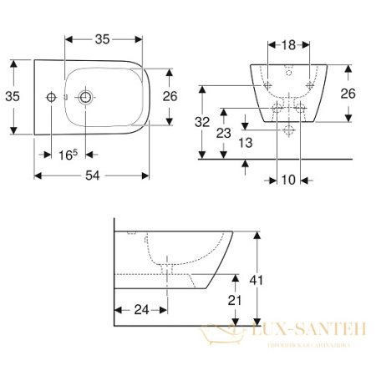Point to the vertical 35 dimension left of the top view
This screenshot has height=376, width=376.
12,97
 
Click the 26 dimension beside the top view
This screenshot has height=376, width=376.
170,96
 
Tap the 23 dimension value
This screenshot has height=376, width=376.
223,132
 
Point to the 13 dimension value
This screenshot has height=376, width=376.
244,142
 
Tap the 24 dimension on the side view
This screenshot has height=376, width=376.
140,310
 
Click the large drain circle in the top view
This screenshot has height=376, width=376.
86,98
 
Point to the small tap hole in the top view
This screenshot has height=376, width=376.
52,98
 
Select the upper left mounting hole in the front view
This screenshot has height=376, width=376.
267,86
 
